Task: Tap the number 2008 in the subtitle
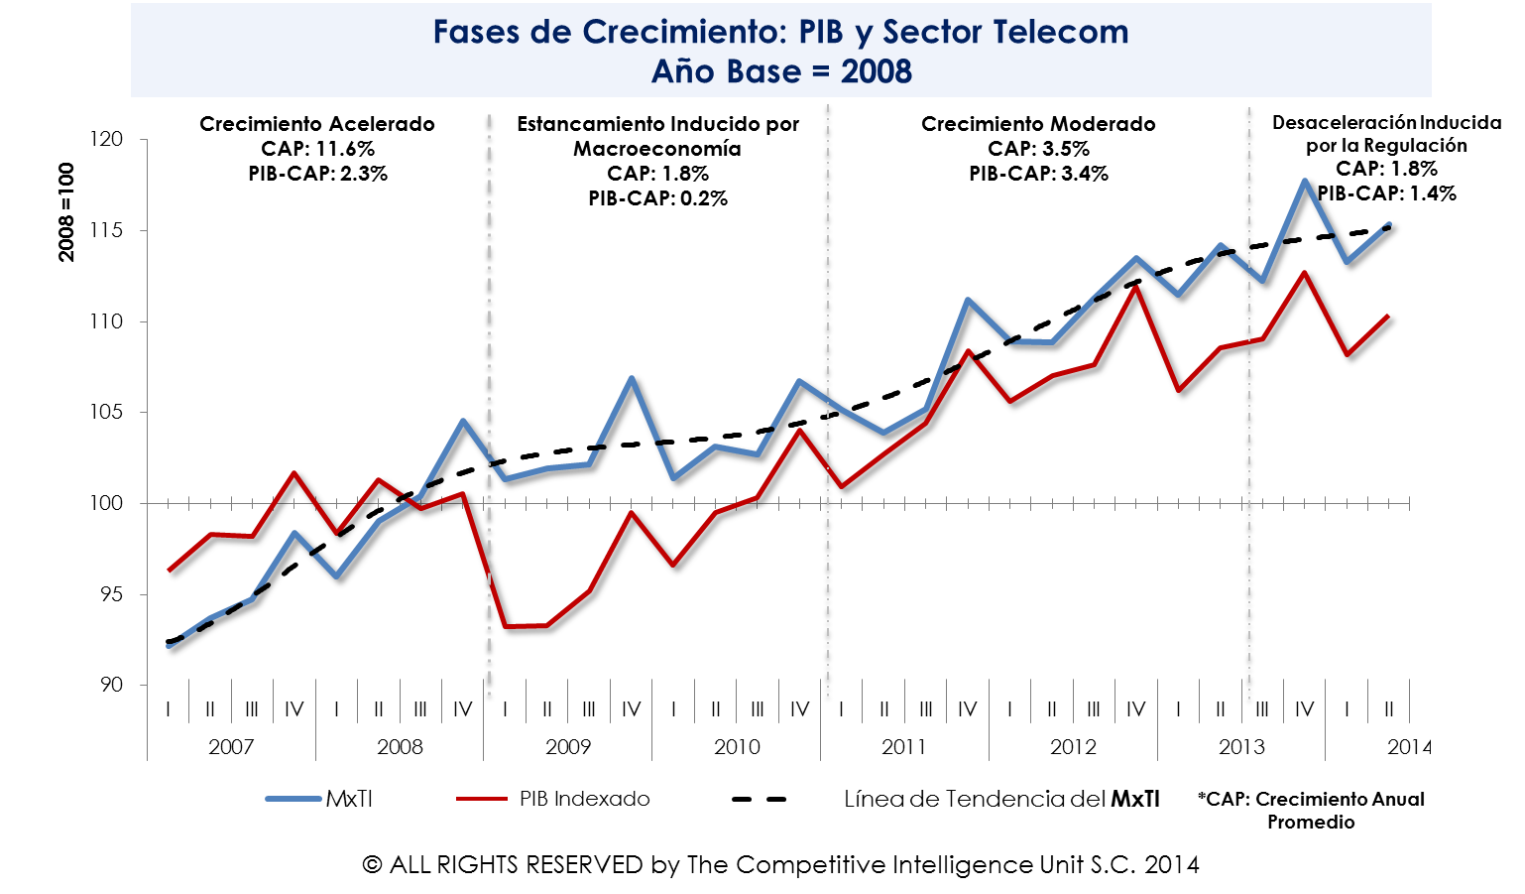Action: [x=876, y=72]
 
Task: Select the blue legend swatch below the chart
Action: [x=293, y=798]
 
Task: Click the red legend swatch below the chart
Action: [x=482, y=798]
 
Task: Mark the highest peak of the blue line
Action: [x=1304, y=181]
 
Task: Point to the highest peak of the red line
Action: [x=1304, y=272]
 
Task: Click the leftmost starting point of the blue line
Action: [x=169, y=646]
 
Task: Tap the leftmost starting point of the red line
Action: [x=169, y=572]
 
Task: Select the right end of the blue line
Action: [x=1389, y=224]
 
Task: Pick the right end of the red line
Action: [x=1388, y=316]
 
